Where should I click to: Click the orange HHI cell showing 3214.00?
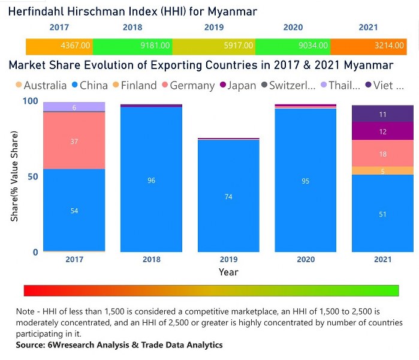[391, 45]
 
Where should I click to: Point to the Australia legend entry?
[41, 85]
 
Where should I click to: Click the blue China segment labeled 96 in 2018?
[151, 180]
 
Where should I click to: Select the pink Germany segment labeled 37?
[74, 141]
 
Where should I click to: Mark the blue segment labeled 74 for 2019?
[228, 196]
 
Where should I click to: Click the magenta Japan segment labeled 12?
[382, 131]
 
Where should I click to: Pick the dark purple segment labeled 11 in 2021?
[382, 114]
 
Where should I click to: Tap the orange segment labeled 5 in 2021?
[382, 170]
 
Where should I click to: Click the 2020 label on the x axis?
[305, 260]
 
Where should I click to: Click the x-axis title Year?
[228, 272]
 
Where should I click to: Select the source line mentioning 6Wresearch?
[119, 345]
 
